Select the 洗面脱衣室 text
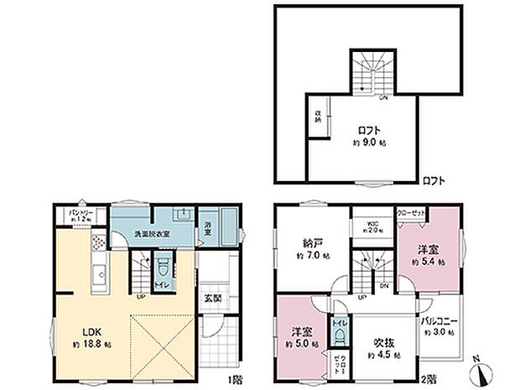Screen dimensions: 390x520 (149, 235)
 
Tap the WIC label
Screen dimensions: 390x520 (373, 223)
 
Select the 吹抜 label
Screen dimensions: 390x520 (383, 343)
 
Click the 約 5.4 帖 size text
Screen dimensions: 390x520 (428, 263)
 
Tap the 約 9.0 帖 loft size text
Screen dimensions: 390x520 (369, 143)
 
